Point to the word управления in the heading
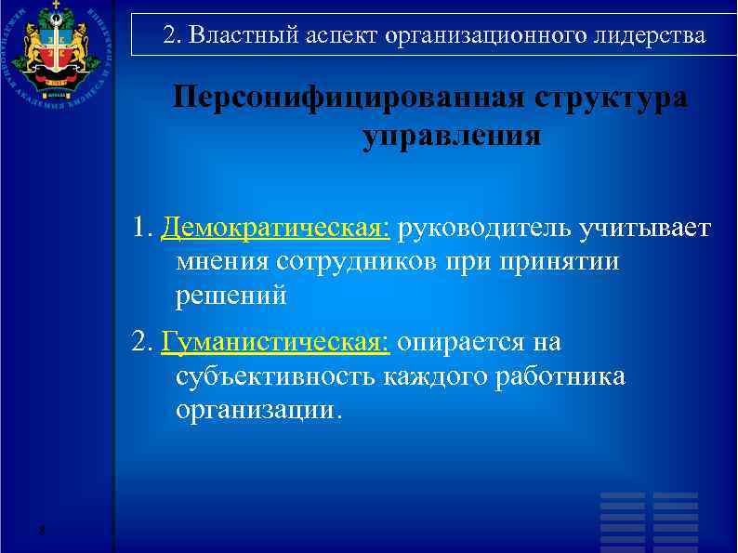(451, 136)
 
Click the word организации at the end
(257, 411)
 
